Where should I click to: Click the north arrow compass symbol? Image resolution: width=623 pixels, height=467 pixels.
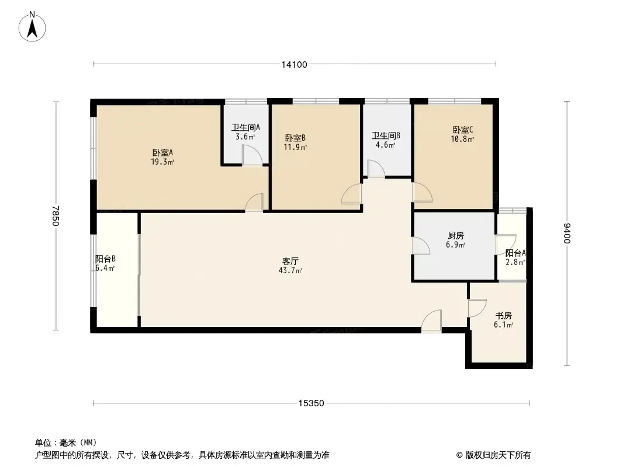coord(32,27)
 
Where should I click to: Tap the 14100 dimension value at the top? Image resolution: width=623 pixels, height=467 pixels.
coord(295,65)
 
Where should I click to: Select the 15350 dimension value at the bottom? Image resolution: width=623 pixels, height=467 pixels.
coord(311,403)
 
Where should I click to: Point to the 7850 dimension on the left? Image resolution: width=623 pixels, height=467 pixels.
coord(55,215)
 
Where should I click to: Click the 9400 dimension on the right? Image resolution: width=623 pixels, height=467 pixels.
coord(567,233)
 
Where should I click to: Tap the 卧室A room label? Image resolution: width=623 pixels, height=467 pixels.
coord(162,152)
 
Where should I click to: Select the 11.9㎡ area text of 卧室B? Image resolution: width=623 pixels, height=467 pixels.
coord(295,148)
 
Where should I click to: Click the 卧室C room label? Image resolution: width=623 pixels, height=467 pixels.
coord(462,130)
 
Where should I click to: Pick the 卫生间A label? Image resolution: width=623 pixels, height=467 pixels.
coord(246,127)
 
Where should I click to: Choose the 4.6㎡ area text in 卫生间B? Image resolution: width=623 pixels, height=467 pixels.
coord(385,145)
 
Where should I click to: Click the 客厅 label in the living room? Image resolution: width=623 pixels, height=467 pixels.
coord(290,261)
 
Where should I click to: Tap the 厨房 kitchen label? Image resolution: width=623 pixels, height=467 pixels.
coord(455,236)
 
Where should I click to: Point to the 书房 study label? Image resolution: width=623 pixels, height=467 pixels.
coord(503,316)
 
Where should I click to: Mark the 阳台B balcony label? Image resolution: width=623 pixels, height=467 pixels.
coord(105,259)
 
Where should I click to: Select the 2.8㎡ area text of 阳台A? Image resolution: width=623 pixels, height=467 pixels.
coord(515,262)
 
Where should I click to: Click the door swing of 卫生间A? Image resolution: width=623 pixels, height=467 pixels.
coord(252,155)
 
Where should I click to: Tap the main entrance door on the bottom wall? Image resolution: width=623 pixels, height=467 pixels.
coord(431,320)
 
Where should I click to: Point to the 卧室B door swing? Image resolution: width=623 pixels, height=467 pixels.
coord(351,194)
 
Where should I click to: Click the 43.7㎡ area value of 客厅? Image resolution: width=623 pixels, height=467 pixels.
coord(290,271)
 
